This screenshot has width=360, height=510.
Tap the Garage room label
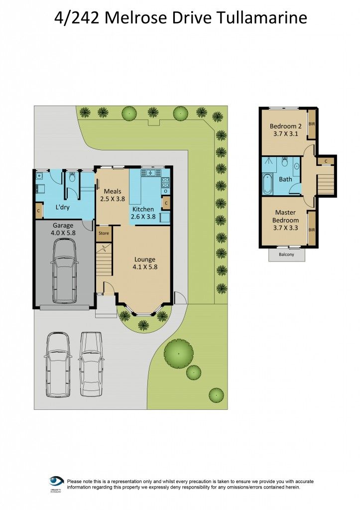pos(63,225)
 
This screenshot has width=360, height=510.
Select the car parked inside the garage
pos(64,270)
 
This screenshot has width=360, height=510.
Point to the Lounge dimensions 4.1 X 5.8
pos(145,267)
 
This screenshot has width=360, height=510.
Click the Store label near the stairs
pos(104,233)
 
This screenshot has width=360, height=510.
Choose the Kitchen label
pos(143,209)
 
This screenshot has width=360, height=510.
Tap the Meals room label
pos(113,191)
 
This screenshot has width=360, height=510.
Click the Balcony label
pos(286,255)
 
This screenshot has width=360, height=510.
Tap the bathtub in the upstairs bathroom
pos(268,184)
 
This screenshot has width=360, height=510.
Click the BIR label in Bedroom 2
pos(312,124)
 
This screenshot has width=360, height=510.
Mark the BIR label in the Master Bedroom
pos(312,230)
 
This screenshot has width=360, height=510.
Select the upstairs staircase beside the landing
pos(325,181)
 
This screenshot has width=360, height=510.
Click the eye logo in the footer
pos(56,482)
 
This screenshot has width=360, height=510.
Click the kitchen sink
pos(148,173)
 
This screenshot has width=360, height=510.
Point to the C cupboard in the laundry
pos(38,211)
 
